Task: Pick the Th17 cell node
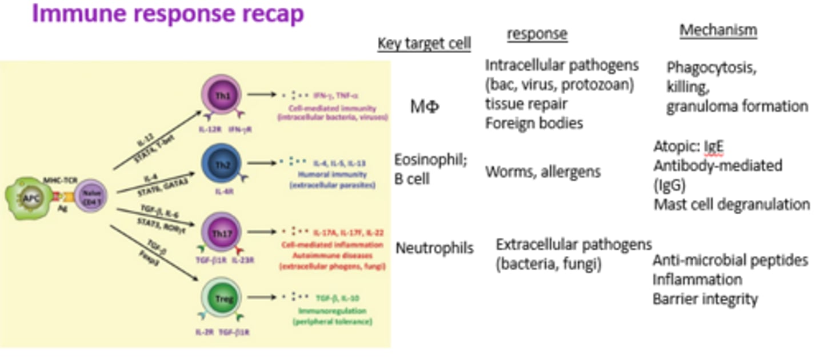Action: click(x=219, y=233)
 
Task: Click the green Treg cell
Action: click(x=219, y=298)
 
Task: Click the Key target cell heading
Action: click(x=424, y=43)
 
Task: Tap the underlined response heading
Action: click(x=537, y=34)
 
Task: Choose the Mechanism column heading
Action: click(x=718, y=30)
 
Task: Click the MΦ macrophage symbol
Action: click(x=425, y=106)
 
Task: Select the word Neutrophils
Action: click(x=434, y=248)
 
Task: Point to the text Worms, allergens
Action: click(x=542, y=171)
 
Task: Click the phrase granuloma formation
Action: click(x=737, y=106)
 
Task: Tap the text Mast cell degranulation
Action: click(x=732, y=204)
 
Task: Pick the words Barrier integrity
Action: click(x=705, y=299)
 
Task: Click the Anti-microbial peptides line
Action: click(x=730, y=261)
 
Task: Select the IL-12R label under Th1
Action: click(x=210, y=130)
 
